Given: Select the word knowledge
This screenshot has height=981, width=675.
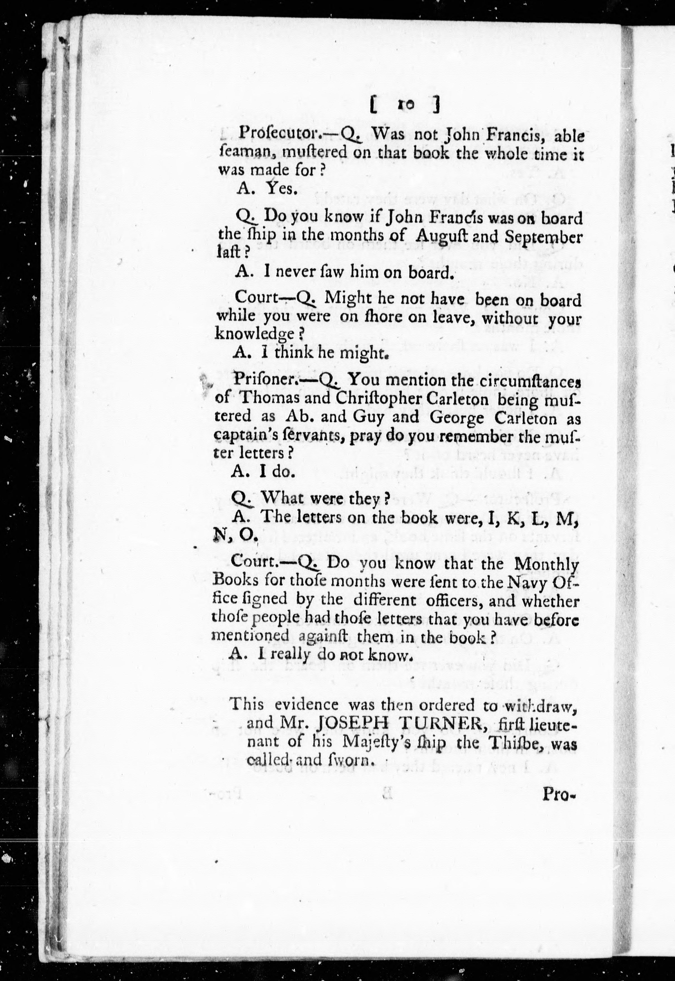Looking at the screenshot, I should point(255,334).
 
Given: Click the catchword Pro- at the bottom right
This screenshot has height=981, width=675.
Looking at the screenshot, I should point(559,795).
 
